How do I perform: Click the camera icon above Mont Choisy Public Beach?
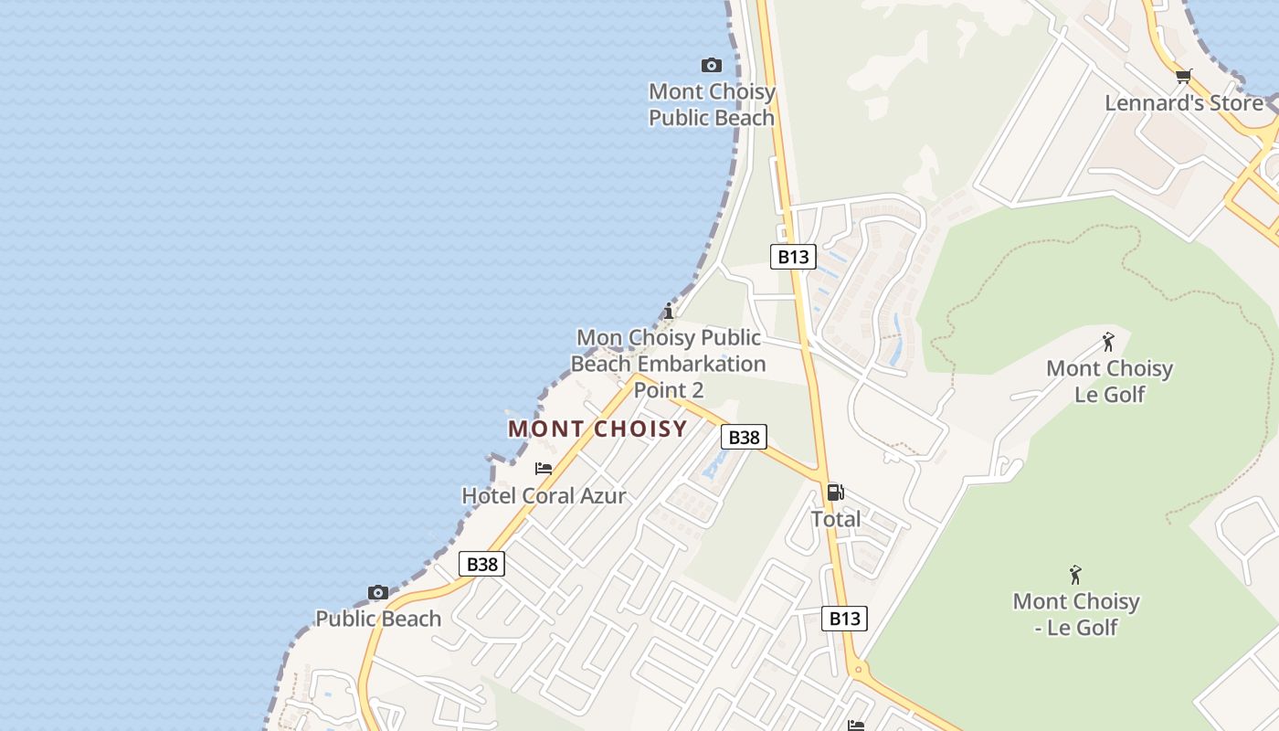click(x=711, y=65)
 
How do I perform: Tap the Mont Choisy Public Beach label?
click(x=712, y=104)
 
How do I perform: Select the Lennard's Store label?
click(x=1183, y=102)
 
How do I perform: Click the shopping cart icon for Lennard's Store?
click(x=1183, y=77)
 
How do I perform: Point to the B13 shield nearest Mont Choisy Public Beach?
click(x=792, y=257)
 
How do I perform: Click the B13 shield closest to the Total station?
click(x=844, y=619)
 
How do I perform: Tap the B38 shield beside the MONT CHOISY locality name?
click(x=744, y=437)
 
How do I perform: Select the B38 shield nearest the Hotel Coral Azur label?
click(x=481, y=564)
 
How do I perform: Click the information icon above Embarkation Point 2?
click(x=669, y=311)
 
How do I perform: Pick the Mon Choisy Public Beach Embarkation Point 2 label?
click(x=669, y=364)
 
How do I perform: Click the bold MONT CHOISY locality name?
click(x=597, y=429)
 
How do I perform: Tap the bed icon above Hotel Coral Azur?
click(x=544, y=469)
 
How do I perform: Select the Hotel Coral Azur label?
click(x=544, y=496)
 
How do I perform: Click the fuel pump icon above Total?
click(x=835, y=493)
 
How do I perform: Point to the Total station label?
click(x=836, y=519)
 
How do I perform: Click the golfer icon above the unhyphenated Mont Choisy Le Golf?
click(x=1108, y=343)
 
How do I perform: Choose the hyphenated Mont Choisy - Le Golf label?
click(x=1076, y=614)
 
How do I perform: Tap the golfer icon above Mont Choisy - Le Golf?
click(x=1076, y=576)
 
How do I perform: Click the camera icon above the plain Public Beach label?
click(x=378, y=593)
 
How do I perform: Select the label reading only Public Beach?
click(x=378, y=619)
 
